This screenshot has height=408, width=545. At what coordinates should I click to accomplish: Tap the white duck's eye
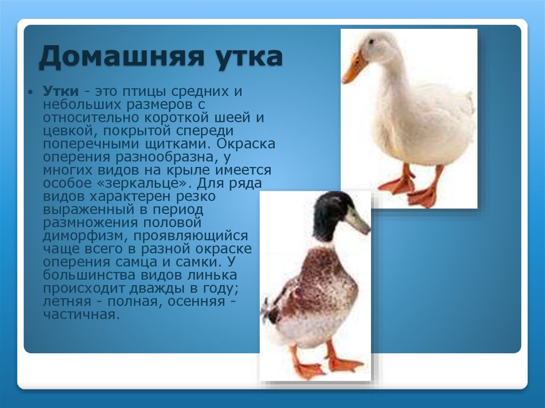[x=371, y=41]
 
